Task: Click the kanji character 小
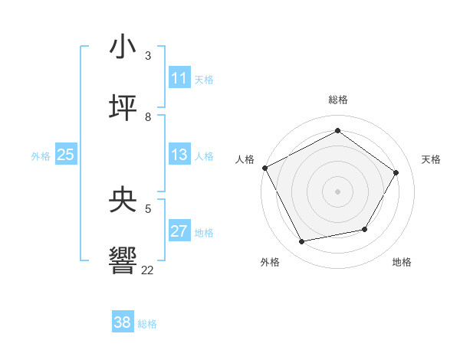(x=123, y=47)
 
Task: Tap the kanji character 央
(x=123, y=201)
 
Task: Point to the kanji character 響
(x=123, y=260)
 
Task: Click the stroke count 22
(x=148, y=270)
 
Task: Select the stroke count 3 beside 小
(x=148, y=57)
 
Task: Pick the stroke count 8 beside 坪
(x=148, y=116)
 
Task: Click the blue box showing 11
(x=179, y=78)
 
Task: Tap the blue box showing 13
(x=179, y=155)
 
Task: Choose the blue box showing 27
(x=179, y=231)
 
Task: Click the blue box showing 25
(x=65, y=155)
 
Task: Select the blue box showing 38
(x=123, y=322)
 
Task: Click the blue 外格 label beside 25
(x=41, y=156)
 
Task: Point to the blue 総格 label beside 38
(x=147, y=324)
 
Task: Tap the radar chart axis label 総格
(x=337, y=100)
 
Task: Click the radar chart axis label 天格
(x=431, y=159)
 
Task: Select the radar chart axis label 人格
(x=245, y=159)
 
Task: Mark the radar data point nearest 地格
(x=365, y=229)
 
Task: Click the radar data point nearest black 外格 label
(x=302, y=242)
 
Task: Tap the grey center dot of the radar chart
(x=337, y=191)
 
